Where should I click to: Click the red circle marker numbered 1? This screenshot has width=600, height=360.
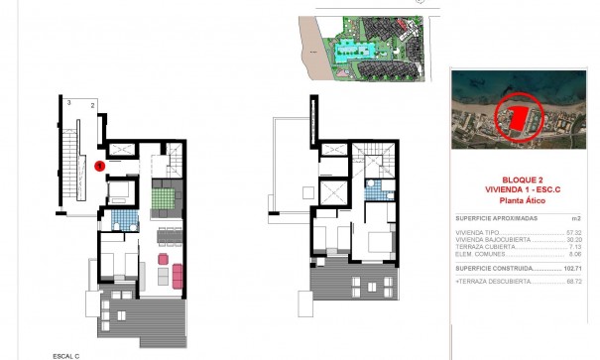point(100,166)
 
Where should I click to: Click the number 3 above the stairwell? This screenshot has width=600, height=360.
point(68,103)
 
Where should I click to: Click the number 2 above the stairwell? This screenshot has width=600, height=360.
point(91,103)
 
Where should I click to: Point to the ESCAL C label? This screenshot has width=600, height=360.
point(66,355)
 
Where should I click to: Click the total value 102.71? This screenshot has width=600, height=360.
point(574,268)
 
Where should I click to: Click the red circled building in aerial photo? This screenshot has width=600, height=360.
point(516,118)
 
